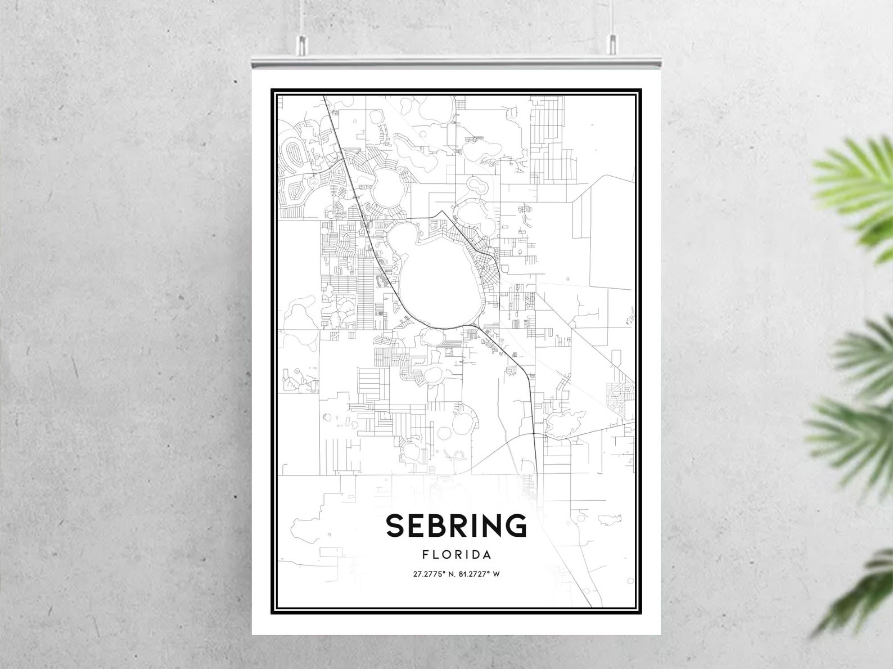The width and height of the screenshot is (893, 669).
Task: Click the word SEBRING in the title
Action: click(456, 525)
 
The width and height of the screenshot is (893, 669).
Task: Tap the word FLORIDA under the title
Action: click(457, 555)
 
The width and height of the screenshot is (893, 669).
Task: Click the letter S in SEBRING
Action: click(395, 525)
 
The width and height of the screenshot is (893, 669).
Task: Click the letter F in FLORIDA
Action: click(425, 555)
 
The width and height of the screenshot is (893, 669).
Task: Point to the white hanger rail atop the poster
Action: click(456, 62)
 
